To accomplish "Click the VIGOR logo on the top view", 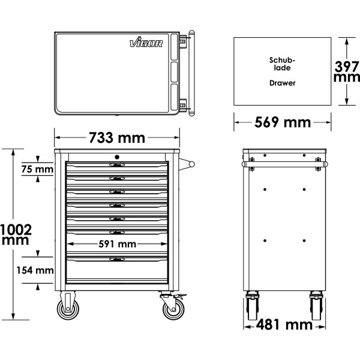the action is click(146, 42).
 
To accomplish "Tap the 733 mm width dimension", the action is click(117, 138).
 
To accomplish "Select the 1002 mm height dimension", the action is click(16, 235).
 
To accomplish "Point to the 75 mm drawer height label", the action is click(37, 169).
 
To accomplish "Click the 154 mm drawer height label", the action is click(35, 270).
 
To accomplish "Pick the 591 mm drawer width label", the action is click(118, 244).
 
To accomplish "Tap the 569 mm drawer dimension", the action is click(283, 122).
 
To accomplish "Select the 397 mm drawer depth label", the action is click(347, 71).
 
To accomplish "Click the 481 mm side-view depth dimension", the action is click(284, 325).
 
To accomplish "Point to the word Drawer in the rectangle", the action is click(283, 83).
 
